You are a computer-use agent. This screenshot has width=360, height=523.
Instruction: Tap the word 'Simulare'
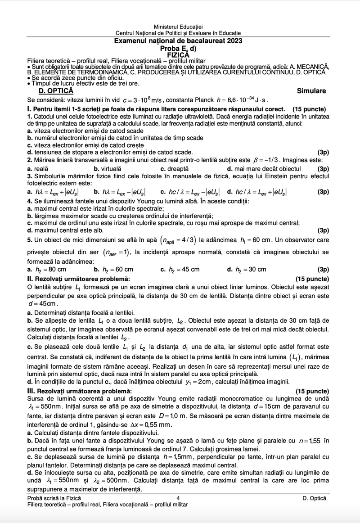coord(311,91)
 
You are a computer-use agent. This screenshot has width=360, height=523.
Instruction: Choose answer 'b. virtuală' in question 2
coord(108,168)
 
